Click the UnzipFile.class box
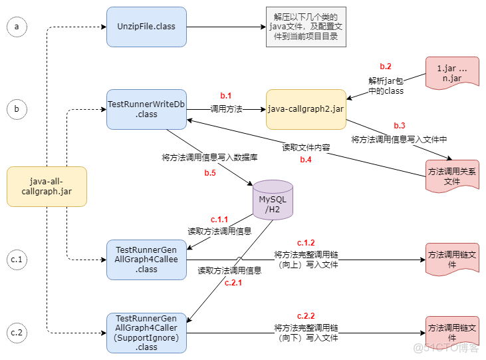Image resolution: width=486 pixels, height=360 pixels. click(146, 27)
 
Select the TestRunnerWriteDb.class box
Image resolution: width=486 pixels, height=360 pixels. click(146, 109)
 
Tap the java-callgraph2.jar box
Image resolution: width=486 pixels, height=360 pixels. click(306, 109)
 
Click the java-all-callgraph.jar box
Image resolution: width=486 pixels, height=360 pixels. click(47, 186)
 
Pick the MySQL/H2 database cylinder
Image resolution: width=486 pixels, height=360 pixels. click(272, 200)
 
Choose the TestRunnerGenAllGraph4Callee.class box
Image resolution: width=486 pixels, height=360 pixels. click(146, 260)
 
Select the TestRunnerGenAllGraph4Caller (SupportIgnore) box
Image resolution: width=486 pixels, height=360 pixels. click(146, 333)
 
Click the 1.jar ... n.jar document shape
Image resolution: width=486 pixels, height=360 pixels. click(451, 73)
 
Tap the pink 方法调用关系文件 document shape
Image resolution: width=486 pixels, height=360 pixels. click(451, 176)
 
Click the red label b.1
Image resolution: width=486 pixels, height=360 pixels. click(226, 96)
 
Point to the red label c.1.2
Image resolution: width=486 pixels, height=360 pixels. click(306, 242)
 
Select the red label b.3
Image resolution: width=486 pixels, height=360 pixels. click(399, 126)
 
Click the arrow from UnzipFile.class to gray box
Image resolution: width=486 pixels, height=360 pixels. click(226, 27)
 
